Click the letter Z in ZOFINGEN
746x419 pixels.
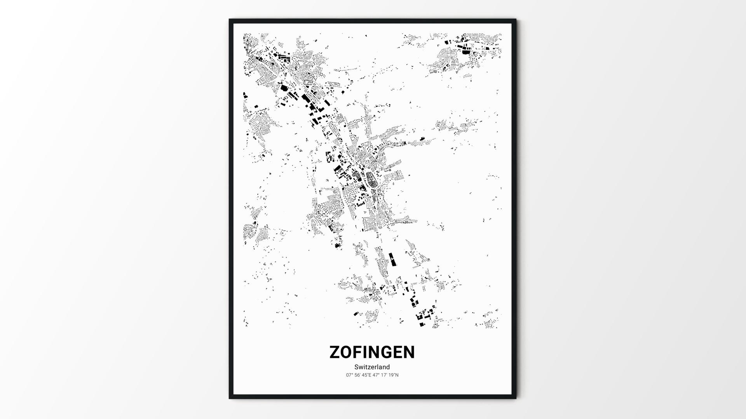(x=335, y=352)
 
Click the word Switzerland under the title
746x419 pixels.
(x=372, y=367)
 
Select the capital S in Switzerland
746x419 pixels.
(x=356, y=367)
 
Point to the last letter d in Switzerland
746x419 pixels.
(x=388, y=367)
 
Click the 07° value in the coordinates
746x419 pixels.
(x=349, y=375)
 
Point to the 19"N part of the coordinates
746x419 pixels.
(x=393, y=375)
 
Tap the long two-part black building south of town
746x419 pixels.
(x=392, y=259)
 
